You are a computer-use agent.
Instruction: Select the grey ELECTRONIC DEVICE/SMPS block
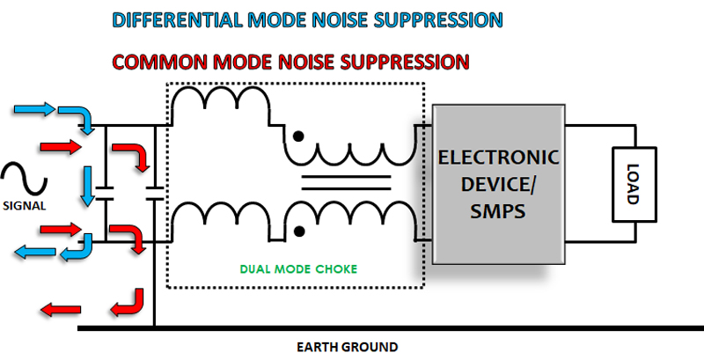point(497,186)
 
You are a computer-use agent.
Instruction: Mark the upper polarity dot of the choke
point(300,137)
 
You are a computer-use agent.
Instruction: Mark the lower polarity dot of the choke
point(300,231)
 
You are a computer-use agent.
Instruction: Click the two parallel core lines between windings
point(347,182)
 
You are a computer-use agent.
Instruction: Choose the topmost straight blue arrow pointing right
point(34,111)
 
